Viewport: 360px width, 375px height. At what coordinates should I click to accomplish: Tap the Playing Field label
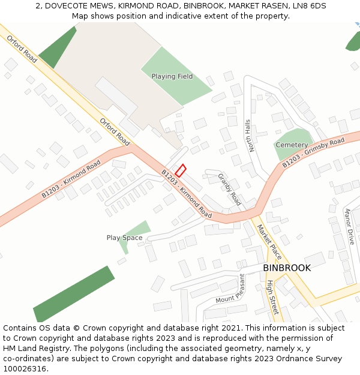pyautogui.click(x=172, y=77)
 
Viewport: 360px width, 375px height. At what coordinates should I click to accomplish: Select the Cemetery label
pyautogui.click(x=292, y=145)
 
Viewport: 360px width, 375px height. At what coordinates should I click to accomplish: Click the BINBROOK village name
pyautogui.click(x=287, y=268)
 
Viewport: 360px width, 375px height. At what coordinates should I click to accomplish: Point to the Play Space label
pyautogui.click(x=125, y=238)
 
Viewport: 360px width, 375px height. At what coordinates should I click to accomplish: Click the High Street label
pyautogui.click(x=272, y=297)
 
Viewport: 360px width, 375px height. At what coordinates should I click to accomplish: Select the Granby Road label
pyautogui.click(x=229, y=190)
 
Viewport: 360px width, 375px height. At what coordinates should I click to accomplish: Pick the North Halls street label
pyautogui.click(x=248, y=135)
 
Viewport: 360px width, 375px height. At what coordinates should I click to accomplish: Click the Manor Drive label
pyautogui.click(x=349, y=226)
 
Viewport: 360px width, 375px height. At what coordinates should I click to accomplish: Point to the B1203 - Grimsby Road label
pyautogui.click(x=313, y=152)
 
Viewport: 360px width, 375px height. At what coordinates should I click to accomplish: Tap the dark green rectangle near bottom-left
pyautogui.click(x=74, y=294)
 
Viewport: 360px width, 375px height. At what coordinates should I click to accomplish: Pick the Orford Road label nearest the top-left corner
pyautogui.click(x=22, y=49)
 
